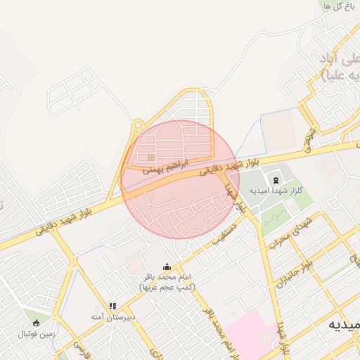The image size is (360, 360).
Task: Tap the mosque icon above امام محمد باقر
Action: (167, 266)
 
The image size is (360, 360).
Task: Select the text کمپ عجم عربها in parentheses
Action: (167, 288)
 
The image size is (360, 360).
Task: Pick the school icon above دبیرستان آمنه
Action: (112, 306)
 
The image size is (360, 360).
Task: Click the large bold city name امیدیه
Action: (345, 326)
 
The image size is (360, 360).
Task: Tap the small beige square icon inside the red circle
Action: (150, 157)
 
